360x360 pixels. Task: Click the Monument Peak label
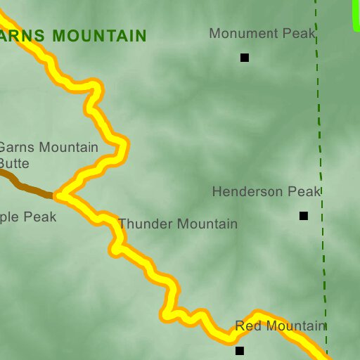click(x=262, y=33)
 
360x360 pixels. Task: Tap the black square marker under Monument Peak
click(x=245, y=58)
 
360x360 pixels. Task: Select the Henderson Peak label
click(x=266, y=191)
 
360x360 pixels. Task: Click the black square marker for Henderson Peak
click(x=304, y=216)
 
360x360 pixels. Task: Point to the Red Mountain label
click(x=280, y=326)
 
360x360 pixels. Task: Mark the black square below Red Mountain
click(x=240, y=350)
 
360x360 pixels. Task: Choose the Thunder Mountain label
click(x=178, y=224)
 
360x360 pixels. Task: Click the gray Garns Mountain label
click(x=48, y=147)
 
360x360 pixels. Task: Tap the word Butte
click(x=15, y=163)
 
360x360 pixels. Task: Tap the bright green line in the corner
click(x=356, y=14)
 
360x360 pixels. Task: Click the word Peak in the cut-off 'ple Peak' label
click(x=40, y=217)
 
